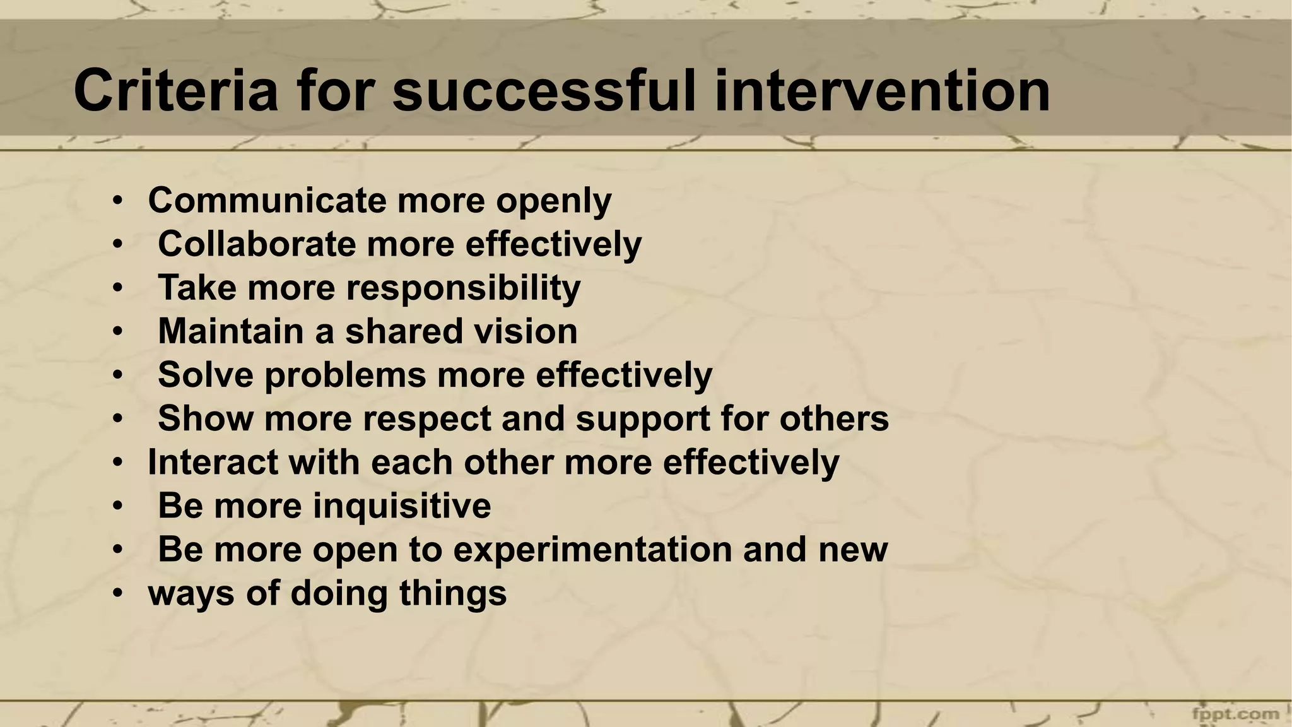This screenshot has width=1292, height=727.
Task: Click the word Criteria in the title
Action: click(x=175, y=92)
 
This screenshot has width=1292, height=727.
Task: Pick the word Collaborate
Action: click(x=257, y=244)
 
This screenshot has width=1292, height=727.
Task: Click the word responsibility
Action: click(x=463, y=289)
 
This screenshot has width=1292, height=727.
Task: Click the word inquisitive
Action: click(x=402, y=507)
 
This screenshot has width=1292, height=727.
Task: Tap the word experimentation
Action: click(x=592, y=550)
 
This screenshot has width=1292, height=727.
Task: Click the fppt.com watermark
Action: click(x=1235, y=714)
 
